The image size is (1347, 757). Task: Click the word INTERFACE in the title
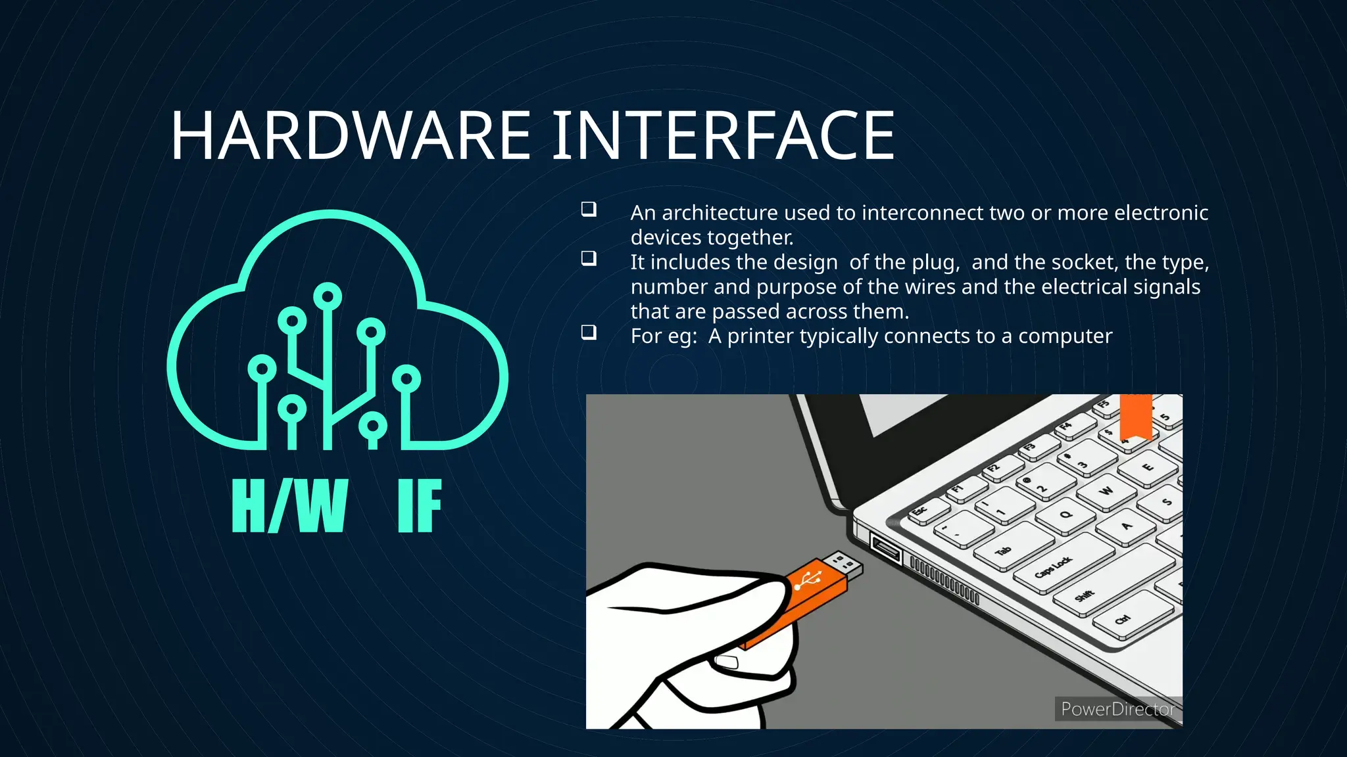[x=723, y=136]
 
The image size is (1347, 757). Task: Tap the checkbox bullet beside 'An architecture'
[x=589, y=210]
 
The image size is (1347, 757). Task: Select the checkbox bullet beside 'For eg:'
[x=589, y=333]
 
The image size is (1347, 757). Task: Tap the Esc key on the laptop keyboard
[x=921, y=511]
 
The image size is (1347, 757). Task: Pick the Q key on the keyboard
[x=1066, y=515]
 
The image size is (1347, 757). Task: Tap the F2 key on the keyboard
[x=994, y=469]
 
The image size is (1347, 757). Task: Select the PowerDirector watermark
[x=1117, y=709]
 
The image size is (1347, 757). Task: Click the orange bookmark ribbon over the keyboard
[x=1136, y=415]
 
